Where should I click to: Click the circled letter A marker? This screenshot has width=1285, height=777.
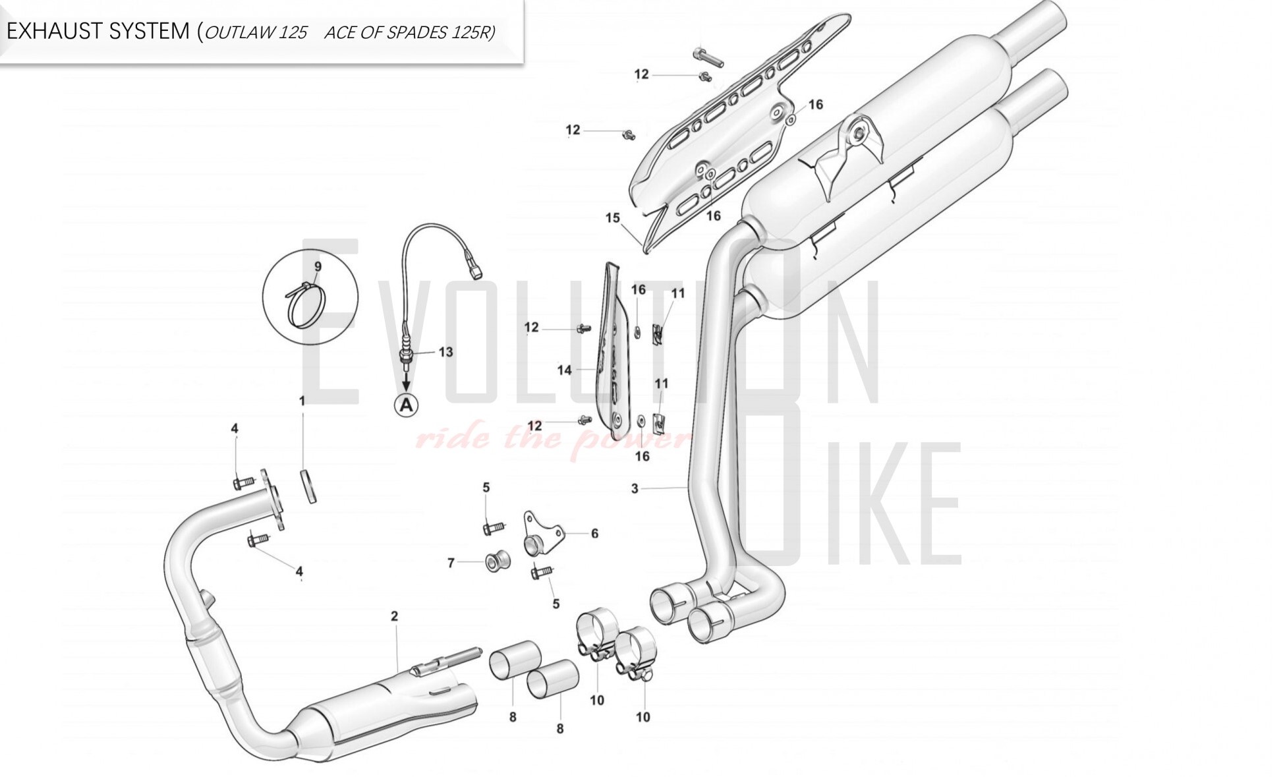coord(406,404)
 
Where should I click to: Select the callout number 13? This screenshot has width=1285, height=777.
coord(445,352)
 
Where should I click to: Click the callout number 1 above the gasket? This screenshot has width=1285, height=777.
coord(302,401)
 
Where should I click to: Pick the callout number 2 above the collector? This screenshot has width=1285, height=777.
coord(394,616)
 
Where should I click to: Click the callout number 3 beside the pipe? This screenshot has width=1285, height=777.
coord(635,488)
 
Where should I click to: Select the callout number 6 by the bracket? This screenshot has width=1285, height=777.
coord(594,533)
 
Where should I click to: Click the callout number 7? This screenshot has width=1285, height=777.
coord(451,563)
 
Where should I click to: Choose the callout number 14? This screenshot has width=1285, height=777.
coord(564,370)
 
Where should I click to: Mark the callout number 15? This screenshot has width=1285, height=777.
coord(612,217)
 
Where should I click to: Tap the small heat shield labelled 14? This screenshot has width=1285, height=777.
coord(614,356)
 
